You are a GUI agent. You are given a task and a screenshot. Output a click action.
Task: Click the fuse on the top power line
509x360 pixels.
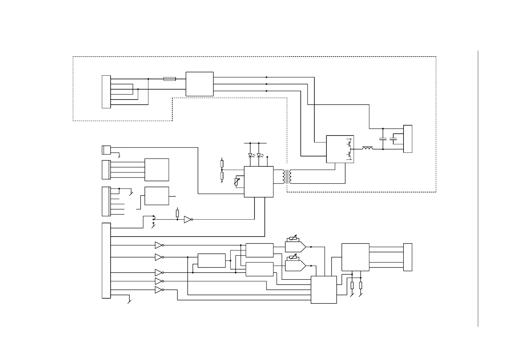tap(169, 79)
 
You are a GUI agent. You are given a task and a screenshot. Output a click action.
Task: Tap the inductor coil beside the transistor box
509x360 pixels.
tap(367, 148)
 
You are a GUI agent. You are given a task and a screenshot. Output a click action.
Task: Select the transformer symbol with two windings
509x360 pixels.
tap(287, 177)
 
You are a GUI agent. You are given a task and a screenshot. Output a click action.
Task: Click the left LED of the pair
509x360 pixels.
tap(250, 155)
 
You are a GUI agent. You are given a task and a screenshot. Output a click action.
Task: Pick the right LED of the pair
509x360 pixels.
tap(259, 155)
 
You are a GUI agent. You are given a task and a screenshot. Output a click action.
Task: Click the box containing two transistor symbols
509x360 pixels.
tap(340, 149)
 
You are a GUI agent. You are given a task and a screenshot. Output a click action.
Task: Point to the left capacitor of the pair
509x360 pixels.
tap(383, 139)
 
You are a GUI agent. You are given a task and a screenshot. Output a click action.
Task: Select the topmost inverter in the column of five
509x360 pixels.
tap(159, 245)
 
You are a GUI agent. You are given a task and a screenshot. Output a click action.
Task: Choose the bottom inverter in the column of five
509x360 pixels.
tap(159, 290)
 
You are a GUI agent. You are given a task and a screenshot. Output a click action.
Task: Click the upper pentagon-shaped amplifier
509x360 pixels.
tap(295, 247)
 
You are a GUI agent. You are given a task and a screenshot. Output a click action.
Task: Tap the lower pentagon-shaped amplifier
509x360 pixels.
tap(295, 266)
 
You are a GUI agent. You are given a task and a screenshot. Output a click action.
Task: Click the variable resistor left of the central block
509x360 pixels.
tap(237, 182)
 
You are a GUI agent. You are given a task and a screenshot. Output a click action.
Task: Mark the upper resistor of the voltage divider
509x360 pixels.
tap(222, 164)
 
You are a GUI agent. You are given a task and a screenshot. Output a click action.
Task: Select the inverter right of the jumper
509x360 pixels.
tap(188, 220)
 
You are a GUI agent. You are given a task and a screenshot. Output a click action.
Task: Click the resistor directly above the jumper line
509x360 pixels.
tap(177, 213)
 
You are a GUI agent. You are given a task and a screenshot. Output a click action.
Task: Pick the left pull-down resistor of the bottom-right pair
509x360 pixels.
tap(352, 285)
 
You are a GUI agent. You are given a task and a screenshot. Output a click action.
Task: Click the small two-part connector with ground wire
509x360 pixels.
tap(106, 150)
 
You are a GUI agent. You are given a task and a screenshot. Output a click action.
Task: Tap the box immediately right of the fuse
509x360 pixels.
tap(199, 84)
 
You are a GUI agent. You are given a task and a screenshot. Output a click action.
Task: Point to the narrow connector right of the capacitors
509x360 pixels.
tap(407, 139)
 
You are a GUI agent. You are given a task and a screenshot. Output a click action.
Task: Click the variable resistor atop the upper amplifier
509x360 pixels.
tap(293, 239)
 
